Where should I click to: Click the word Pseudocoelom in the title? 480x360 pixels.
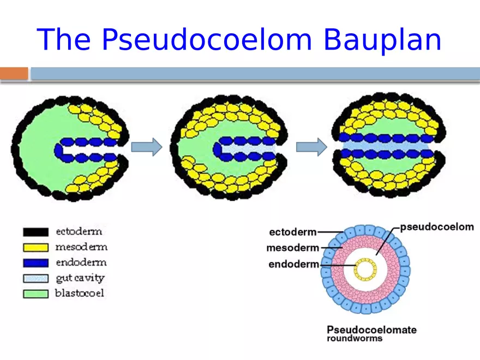tap(207, 40)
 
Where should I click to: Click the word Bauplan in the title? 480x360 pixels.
tap(382, 40)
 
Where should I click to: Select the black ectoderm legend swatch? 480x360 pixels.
tap(36, 232)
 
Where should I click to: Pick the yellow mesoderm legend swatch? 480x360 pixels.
tap(36, 247)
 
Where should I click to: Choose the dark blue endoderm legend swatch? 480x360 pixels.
tap(36, 263)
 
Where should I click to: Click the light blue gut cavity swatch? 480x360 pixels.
tap(36, 278)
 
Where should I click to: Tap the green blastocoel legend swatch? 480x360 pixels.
tap(36, 294)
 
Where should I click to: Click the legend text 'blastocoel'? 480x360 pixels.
tap(80, 293)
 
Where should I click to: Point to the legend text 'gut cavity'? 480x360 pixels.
tap(80, 278)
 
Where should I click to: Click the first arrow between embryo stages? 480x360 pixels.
tap(147, 147)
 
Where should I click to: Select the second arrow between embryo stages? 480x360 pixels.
tap(311, 147)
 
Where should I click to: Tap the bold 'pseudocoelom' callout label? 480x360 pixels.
tap(437, 227)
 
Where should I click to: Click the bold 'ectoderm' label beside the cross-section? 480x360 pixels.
tap(293, 232)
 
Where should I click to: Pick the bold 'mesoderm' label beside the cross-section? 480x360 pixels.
tap(293, 248)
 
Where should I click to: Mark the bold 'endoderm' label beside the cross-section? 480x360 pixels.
tap(294, 264)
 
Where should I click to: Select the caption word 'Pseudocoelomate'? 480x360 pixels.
tap(371, 329)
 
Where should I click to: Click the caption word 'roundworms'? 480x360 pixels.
tap(355, 338)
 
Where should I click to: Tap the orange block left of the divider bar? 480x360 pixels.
tap(14, 74)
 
